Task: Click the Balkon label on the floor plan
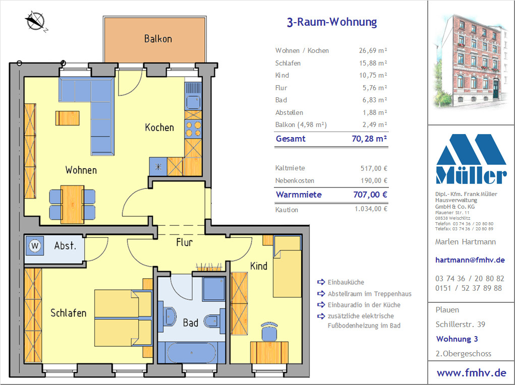158,39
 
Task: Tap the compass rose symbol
35,21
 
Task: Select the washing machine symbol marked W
34,246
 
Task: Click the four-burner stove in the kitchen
193,129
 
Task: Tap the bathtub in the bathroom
192,353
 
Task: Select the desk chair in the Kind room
270,332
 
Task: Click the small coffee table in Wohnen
67,118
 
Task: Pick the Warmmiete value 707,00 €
370,195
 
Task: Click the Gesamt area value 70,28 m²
370,139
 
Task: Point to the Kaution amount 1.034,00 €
371,209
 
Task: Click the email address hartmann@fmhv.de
470,260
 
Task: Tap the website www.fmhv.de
471,373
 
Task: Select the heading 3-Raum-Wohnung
332,22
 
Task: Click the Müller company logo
471,159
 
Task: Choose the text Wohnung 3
457,339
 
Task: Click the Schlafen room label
68,313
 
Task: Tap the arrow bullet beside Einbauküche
321,282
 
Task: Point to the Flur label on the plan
184,242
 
